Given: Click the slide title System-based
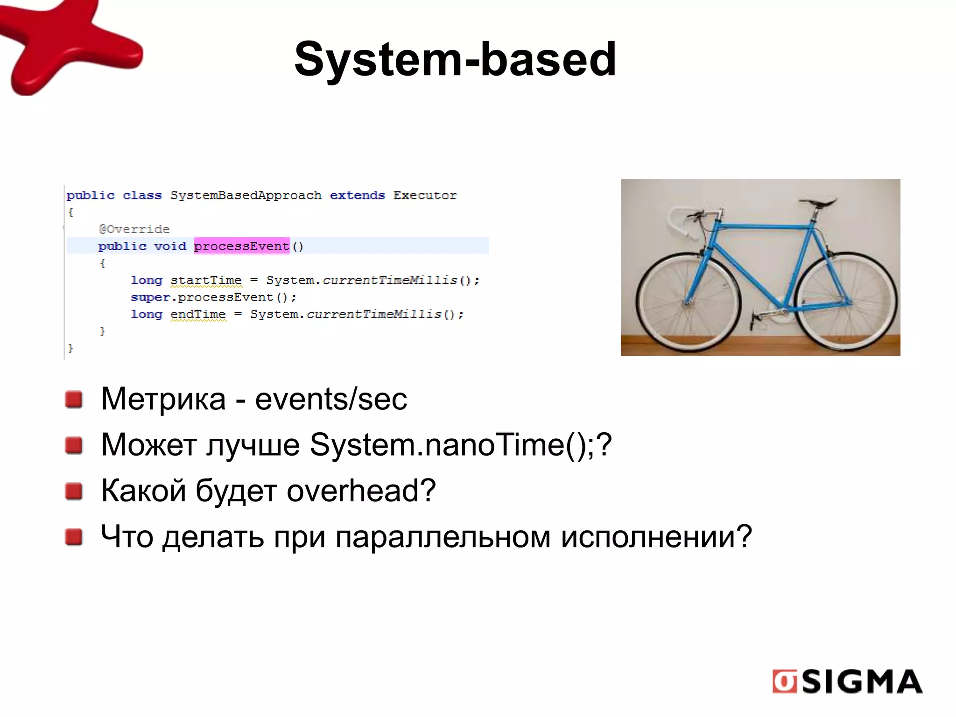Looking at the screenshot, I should pos(455,59).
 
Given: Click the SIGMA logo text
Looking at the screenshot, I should pos(861,682).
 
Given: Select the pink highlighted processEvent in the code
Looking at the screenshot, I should pos(241,246).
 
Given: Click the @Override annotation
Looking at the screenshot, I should pos(134,229).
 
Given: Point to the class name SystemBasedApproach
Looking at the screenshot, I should pos(246,196).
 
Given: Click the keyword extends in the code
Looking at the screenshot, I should pos(357,196).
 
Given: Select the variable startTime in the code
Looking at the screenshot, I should pos(206,280).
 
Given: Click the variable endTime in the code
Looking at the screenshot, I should pos(198,314).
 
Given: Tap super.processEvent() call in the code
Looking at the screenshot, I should pos(213,297).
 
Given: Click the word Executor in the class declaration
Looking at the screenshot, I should pos(425,196).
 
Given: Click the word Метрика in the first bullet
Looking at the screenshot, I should pos(163,399).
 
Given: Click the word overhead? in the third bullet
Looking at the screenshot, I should pos(361,491).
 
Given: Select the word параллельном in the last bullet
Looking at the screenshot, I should pos(443,537).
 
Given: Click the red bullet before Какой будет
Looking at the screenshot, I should pos(74,491).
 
